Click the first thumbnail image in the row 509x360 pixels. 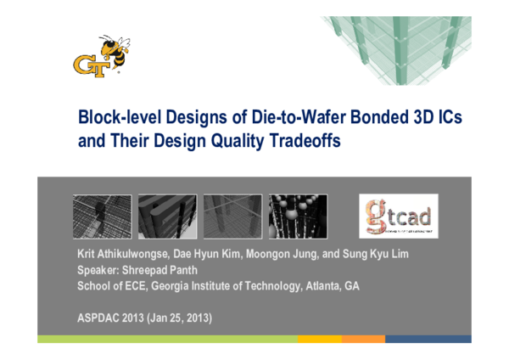pos(103,217)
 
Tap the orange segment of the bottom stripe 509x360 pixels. pos(364,339)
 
